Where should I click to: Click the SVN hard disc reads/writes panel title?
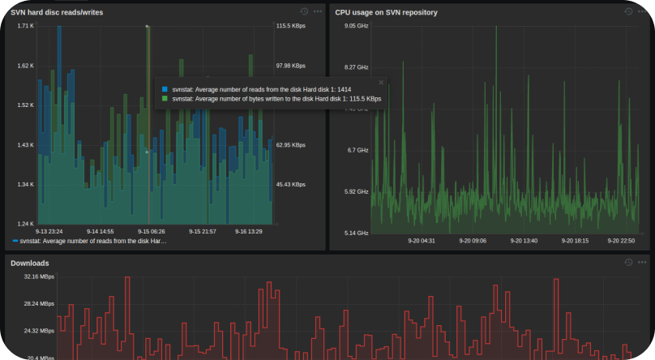56,12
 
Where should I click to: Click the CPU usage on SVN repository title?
386,12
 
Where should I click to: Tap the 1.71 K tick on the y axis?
26,26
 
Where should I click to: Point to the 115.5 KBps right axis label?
290,26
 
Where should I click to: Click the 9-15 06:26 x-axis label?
152,232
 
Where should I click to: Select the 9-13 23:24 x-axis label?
50,232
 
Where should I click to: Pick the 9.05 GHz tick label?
357,26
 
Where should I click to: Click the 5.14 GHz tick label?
357,233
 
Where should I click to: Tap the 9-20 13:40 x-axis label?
524,240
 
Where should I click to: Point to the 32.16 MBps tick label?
38,276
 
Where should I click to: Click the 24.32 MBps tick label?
38,331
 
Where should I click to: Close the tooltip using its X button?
381,82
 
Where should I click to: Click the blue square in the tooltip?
165,89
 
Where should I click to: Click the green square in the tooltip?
165,99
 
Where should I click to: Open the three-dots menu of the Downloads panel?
642,262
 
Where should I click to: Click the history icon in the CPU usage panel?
628,11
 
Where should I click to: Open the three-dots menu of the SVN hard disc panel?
317,11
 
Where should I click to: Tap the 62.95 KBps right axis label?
290,145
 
